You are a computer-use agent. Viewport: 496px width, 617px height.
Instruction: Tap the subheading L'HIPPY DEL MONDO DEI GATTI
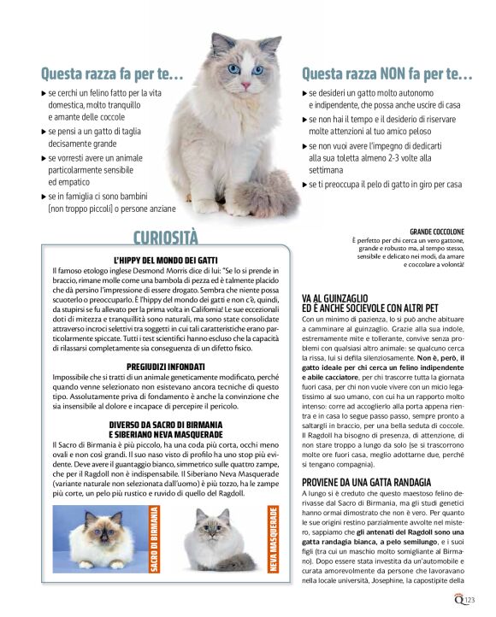(x=166, y=259)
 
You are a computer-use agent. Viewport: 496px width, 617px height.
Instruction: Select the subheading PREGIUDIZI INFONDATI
(x=165, y=367)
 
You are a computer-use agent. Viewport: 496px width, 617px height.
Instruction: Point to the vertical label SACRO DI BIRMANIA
(x=154, y=538)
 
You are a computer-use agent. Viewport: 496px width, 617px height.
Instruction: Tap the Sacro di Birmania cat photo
(x=99, y=538)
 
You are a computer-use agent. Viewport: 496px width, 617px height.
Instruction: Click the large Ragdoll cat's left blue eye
(x=233, y=69)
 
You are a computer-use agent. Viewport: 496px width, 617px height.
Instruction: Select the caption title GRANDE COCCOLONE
(x=437, y=232)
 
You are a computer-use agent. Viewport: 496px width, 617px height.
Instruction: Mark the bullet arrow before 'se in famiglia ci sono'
(x=44, y=197)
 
